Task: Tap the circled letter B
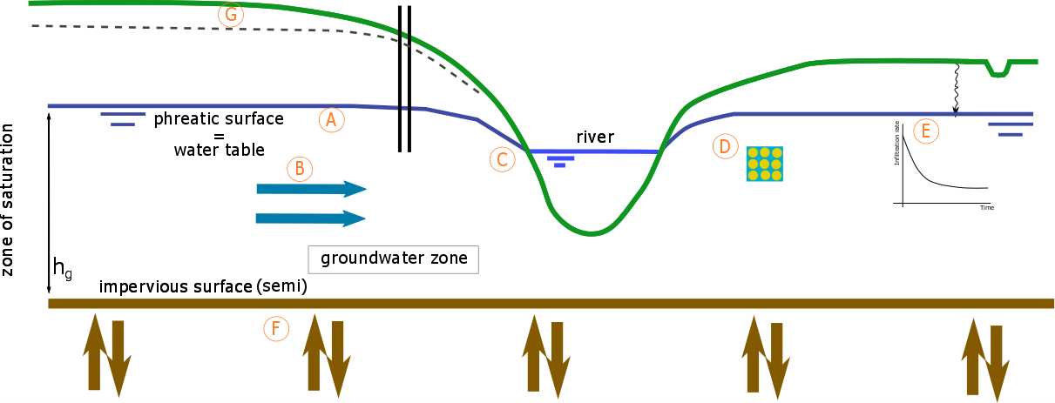299,167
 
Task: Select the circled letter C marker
501,159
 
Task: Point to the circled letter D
724,146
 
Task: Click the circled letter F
275,328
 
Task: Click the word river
595,138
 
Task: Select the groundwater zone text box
394,259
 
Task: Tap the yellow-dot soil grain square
764,164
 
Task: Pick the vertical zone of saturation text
8,199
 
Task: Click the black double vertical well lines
404,78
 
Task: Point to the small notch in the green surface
998,67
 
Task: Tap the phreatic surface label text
219,119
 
